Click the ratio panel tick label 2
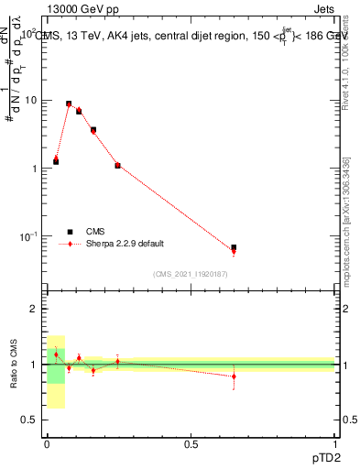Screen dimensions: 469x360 [36, 310]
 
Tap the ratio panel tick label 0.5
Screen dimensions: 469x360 [31, 420]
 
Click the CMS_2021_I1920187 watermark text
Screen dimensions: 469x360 [191, 274]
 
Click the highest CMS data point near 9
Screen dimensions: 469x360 [69, 104]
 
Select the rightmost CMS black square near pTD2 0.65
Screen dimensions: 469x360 [234, 247]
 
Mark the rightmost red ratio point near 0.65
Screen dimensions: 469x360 [234, 376]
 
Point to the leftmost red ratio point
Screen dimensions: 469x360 [56, 354]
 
